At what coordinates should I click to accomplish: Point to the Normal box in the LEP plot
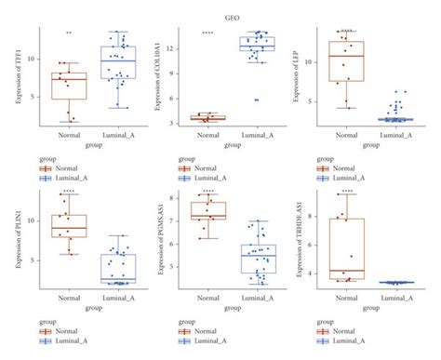pos(346,61)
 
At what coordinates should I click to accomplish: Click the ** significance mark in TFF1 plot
pos(68,33)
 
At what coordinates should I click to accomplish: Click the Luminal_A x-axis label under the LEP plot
pos(395,136)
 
